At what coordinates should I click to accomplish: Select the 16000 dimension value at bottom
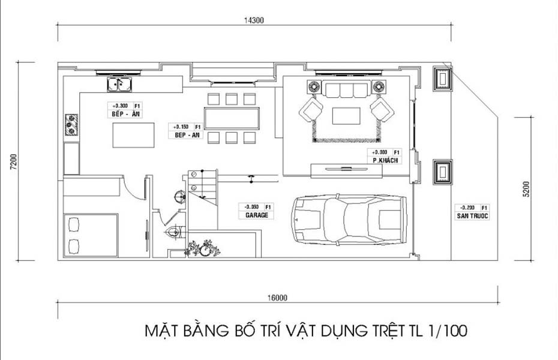click(278, 297)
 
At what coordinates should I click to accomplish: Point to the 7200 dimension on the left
click(13, 162)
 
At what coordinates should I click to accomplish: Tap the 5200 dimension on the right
click(526, 189)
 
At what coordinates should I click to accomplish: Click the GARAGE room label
click(256, 214)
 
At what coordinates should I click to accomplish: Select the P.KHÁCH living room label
click(385, 161)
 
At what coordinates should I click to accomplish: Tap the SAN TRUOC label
click(472, 215)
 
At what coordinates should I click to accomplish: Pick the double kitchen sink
click(120, 84)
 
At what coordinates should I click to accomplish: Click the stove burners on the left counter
click(71, 125)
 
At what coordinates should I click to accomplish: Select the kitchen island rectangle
click(133, 134)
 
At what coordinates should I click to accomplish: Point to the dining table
click(232, 118)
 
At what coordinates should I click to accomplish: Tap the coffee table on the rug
click(346, 115)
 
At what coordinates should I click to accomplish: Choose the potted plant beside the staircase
click(203, 248)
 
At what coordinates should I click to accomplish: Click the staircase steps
click(202, 185)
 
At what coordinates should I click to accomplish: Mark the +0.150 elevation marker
click(182, 127)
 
